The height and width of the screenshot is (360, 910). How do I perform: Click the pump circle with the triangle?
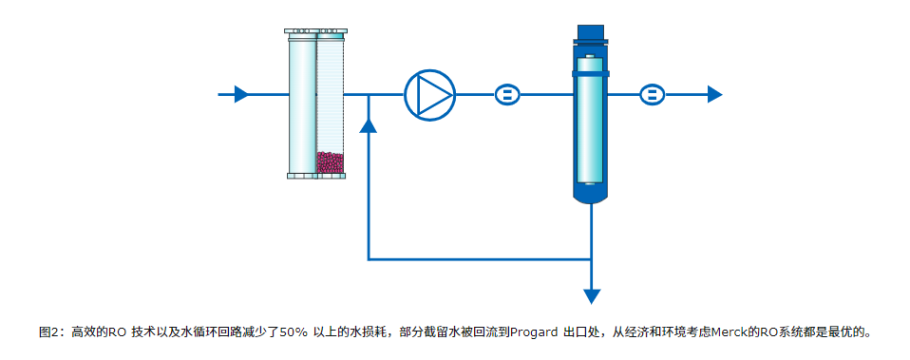[x=430, y=94]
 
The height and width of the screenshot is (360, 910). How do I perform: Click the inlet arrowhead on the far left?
[x=241, y=94]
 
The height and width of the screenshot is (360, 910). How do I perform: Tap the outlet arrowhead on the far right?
[x=714, y=94]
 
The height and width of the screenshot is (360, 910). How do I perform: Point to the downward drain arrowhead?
[x=592, y=295]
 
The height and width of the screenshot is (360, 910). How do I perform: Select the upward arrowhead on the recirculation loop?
[x=369, y=124]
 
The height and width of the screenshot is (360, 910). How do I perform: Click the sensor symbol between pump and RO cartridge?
[x=507, y=94]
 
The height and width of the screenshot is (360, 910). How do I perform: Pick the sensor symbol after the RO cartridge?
[x=652, y=94]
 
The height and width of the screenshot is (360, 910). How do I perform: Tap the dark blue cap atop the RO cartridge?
[x=591, y=35]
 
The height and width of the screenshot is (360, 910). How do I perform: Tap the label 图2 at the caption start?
[x=49, y=332]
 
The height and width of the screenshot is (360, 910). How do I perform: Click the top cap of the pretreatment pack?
[x=316, y=33]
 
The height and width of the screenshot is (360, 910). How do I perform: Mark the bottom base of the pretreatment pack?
[x=316, y=175]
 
